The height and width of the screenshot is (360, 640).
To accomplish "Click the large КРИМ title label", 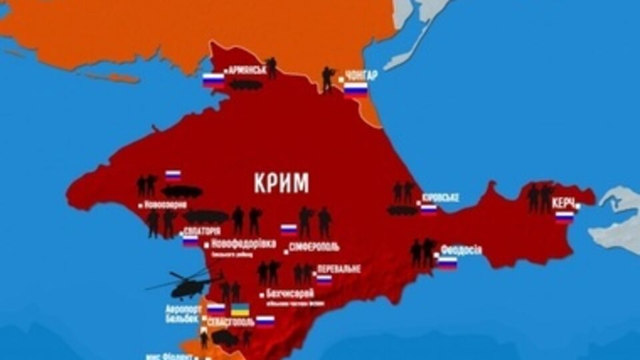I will tap(281, 182).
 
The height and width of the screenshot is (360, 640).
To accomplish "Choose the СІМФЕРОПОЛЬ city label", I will tap(314, 247).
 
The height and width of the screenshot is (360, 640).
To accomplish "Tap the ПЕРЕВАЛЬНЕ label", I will tap(339, 268).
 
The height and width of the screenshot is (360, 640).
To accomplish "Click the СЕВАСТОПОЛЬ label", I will tap(231, 321).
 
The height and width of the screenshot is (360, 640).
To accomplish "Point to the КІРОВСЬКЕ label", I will tap(441, 198).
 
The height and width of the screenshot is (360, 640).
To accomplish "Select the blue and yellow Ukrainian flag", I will tap(240, 309).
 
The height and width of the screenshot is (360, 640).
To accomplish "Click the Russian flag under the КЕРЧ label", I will tap(565, 217).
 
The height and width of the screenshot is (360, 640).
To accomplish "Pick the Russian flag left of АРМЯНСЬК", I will tap(213, 80).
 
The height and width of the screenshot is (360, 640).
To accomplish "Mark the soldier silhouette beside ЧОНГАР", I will tap(327, 79).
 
